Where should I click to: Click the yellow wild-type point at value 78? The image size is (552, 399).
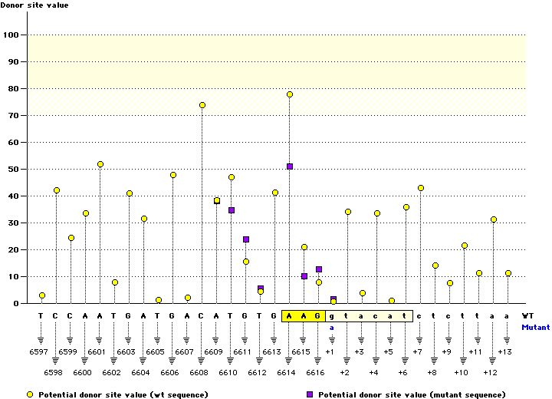coord(290,94)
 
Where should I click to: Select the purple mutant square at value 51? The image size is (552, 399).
coord(290,167)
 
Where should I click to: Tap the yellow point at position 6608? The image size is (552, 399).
coord(202,105)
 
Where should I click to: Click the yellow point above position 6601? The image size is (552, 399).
coord(100,164)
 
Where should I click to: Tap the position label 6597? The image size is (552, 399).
coord(41,351)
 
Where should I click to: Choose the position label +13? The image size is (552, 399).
coord(504,351)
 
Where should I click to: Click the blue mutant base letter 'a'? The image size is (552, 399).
coord(333,327)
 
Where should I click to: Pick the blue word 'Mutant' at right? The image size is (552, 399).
coord(535,327)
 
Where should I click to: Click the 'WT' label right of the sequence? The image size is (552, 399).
coord(528,315)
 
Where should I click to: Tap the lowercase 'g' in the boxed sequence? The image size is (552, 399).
coord(333,315)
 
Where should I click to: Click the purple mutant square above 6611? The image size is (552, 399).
coord(246,239)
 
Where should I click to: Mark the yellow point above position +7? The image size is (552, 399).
coord(421,188)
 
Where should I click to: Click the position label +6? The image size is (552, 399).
coord(403,372)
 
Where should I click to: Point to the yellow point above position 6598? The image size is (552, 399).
coord(57,190)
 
